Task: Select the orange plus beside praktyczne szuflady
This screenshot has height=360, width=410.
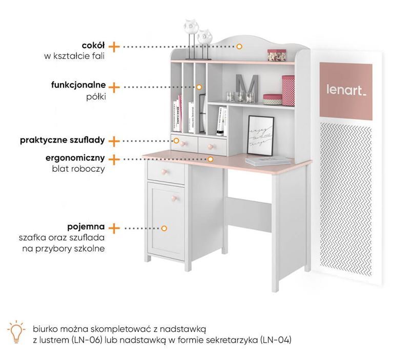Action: click(x=114, y=140)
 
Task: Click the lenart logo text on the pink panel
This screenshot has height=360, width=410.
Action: click(x=346, y=90)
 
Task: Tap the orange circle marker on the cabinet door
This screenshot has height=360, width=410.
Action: click(x=165, y=228)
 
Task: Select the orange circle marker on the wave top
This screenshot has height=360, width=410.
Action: click(x=239, y=46)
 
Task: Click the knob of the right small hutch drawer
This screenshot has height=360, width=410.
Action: click(x=209, y=147)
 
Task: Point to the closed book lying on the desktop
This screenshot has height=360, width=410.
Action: click(x=261, y=161)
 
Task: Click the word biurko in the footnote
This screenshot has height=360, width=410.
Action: click(x=46, y=328)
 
